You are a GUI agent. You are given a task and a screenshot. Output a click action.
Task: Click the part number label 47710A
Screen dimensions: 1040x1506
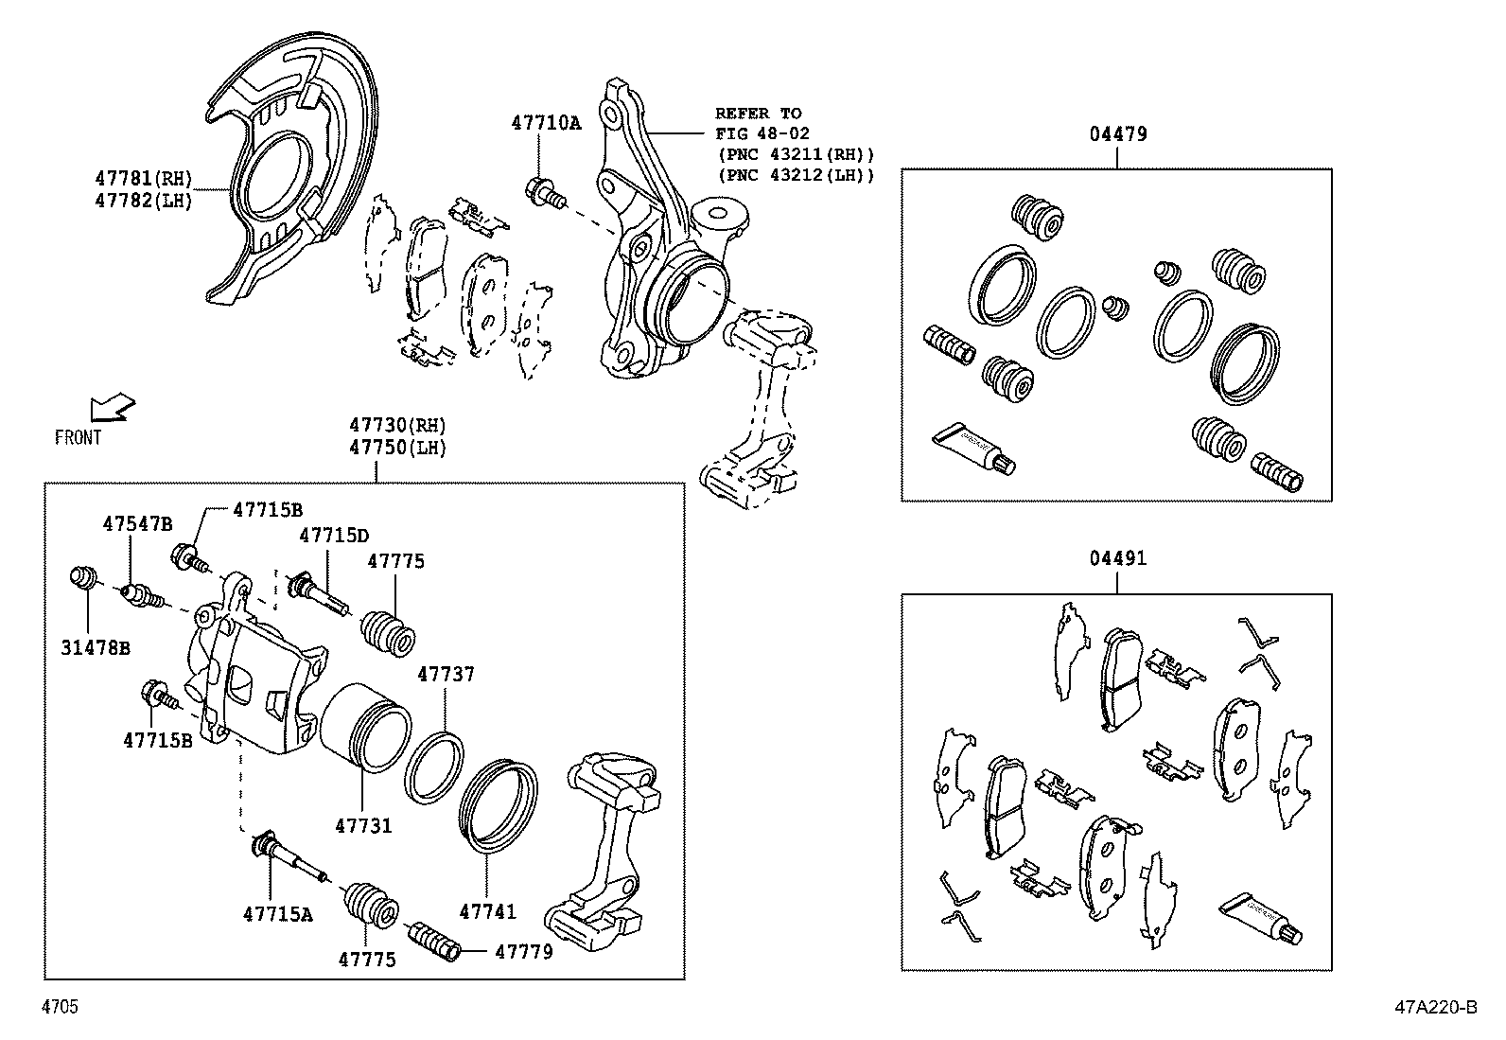(x=546, y=122)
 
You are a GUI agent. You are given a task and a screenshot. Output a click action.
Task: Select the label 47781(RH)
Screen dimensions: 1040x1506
(x=144, y=178)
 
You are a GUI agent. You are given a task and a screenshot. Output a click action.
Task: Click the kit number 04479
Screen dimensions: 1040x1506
(x=1117, y=134)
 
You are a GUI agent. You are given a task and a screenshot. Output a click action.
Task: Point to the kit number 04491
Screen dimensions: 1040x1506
(x=1117, y=558)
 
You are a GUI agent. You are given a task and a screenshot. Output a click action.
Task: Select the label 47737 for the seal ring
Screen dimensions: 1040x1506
(x=446, y=674)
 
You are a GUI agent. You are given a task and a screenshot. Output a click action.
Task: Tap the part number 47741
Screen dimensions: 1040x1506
(x=487, y=912)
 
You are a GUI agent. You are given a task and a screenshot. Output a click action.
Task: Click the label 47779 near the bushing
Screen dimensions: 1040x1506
(x=523, y=950)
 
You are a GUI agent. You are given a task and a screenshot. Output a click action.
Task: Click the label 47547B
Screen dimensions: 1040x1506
(x=138, y=523)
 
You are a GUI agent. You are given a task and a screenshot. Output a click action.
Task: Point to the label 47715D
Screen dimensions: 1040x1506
(x=334, y=536)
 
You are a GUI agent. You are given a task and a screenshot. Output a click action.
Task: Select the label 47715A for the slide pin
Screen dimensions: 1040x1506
(x=277, y=914)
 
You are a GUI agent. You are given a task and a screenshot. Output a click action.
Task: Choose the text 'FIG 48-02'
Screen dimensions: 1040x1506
(x=762, y=134)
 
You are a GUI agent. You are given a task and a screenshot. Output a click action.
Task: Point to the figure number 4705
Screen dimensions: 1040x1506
(x=59, y=1007)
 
